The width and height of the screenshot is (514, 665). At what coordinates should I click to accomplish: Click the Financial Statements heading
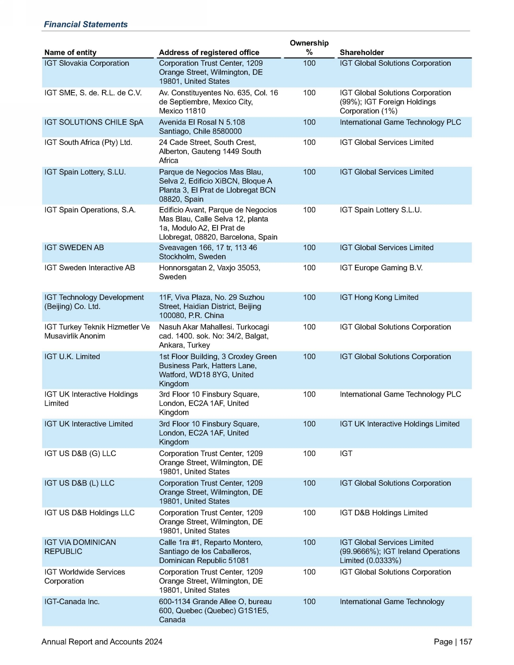[85, 25]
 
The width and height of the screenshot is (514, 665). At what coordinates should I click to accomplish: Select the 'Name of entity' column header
[70, 53]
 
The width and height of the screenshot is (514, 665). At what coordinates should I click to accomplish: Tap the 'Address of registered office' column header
[209, 53]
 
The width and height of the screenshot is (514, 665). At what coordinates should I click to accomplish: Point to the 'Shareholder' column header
[361, 53]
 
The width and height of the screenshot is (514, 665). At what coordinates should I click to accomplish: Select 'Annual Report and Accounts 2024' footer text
[102, 642]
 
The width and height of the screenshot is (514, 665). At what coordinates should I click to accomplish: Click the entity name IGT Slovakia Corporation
[87, 63]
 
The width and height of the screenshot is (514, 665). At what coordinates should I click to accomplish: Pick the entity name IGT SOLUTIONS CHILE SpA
[94, 122]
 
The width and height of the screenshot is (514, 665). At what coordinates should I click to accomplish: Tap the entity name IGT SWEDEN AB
[74, 247]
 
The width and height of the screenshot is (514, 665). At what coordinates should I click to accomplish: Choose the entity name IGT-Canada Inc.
[72, 602]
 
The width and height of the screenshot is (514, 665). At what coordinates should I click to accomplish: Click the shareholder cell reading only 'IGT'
[346, 453]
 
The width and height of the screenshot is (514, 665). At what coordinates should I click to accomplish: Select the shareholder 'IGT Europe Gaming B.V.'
[381, 268]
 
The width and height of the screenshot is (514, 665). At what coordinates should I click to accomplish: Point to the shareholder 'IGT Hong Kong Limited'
[379, 297]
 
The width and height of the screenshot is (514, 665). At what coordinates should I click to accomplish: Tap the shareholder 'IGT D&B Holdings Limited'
[384, 513]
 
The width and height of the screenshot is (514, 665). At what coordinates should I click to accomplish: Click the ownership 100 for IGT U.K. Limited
[309, 357]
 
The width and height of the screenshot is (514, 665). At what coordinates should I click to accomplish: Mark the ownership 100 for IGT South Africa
[309, 142]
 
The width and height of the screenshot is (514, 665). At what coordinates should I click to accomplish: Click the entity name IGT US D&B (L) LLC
[79, 483]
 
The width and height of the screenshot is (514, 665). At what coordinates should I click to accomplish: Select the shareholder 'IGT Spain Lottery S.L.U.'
[380, 210]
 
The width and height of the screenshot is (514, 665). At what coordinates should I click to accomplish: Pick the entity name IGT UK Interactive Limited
[89, 424]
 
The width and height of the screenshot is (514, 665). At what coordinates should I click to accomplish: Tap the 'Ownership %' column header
[309, 47]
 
